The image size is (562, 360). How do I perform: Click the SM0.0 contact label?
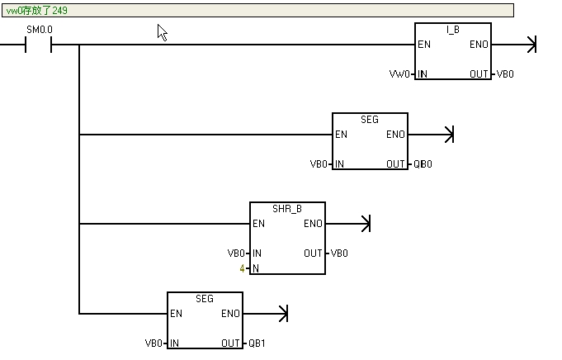(x=40, y=30)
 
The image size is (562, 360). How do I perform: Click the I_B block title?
(x=452, y=30)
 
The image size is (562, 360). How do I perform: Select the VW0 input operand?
(x=400, y=74)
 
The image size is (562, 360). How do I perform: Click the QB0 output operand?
(x=423, y=164)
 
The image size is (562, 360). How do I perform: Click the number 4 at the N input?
(x=242, y=269)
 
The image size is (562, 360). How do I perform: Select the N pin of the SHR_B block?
(x=256, y=269)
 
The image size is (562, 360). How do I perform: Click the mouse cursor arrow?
(x=163, y=32)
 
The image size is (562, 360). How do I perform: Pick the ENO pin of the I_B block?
(x=478, y=45)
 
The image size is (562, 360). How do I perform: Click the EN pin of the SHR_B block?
(x=259, y=224)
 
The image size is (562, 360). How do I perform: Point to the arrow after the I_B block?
(x=531, y=45)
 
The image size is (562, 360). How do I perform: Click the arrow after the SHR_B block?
(x=366, y=224)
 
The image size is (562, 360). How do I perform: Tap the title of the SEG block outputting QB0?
(x=370, y=120)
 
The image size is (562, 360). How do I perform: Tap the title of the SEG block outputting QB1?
(x=205, y=298)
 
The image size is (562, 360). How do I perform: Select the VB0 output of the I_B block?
(x=505, y=74)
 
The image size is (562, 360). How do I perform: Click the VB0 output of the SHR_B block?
(x=340, y=253)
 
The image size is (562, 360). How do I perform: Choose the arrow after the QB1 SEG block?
(x=283, y=314)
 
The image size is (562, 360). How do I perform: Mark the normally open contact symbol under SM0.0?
(x=40, y=45)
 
